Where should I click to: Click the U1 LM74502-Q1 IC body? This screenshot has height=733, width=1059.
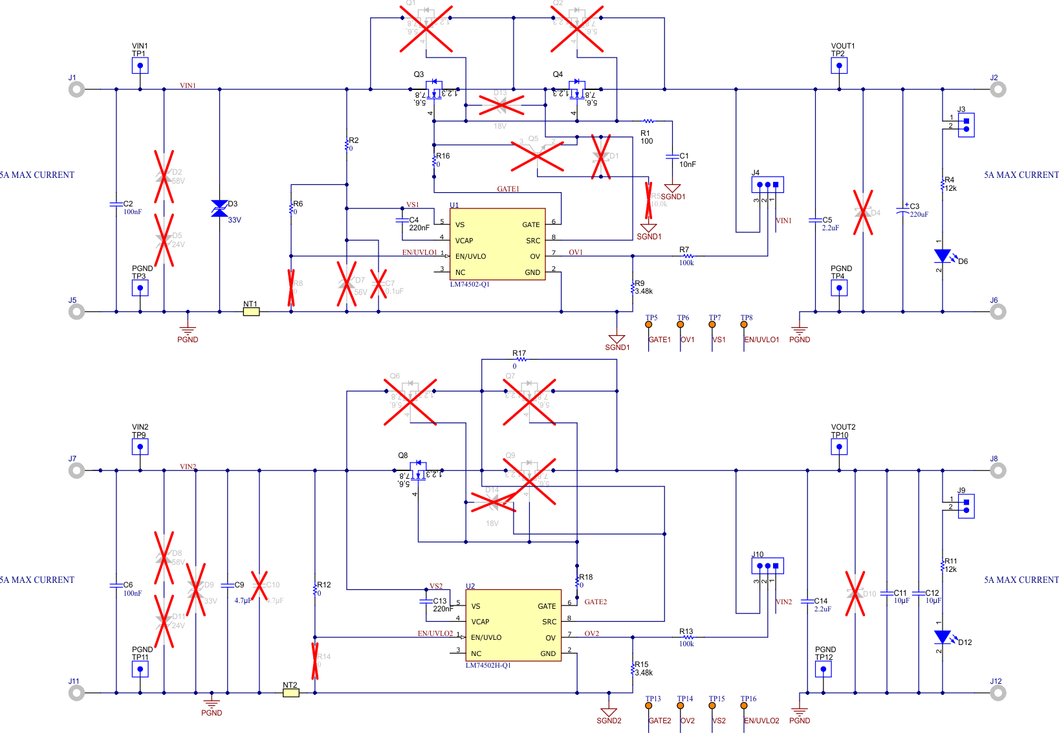click(497, 245)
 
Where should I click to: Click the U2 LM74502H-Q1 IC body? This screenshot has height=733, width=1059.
click(513, 626)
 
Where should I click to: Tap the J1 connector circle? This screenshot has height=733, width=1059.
click(77, 89)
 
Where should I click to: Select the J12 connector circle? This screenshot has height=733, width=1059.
click(998, 693)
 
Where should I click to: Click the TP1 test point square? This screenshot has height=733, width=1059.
click(140, 65)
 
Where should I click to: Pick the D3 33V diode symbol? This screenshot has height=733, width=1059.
click(219, 208)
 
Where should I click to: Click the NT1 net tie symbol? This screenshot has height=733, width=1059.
click(251, 312)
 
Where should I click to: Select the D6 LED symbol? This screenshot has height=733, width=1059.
click(943, 256)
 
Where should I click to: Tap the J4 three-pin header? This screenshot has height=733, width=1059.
click(768, 185)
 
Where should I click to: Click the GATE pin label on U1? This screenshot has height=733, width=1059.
click(530, 224)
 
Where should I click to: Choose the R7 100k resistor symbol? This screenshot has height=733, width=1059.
click(687, 256)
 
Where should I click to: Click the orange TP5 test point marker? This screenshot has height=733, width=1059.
click(649, 325)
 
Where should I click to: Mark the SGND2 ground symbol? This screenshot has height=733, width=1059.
click(609, 712)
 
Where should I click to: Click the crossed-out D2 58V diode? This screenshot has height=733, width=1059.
click(164, 177)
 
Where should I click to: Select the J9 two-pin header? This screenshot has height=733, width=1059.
click(966, 506)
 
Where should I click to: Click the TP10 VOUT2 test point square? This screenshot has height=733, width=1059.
click(839, 446)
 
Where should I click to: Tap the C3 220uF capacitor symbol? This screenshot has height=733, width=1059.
click(903, 210)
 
